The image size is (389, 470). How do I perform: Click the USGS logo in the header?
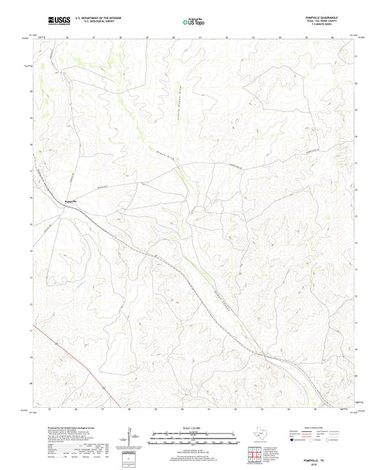coord(45,19)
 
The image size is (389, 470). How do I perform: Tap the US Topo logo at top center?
coord(192,21)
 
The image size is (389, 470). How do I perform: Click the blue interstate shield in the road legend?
coord(293,440)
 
